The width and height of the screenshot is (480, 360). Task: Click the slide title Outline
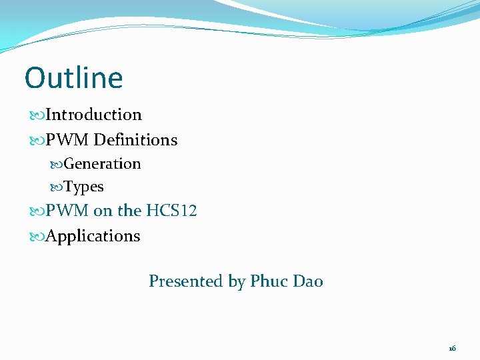click(74, 78)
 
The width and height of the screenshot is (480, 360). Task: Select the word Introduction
click(94, 115)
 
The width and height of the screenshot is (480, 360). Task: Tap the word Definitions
click(135, 140)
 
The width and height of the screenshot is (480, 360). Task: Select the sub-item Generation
click(102, 164)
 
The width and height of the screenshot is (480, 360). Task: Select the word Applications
click(93, 237)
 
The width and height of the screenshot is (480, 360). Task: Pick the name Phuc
click(267, 281)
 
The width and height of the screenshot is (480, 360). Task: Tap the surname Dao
click(307, 281)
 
